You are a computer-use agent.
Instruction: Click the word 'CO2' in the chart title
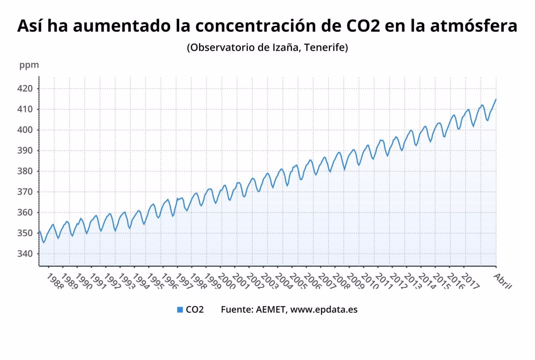362,26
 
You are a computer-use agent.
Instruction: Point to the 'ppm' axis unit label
29,65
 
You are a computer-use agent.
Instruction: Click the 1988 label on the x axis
55,282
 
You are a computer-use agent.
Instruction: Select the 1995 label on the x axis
155,282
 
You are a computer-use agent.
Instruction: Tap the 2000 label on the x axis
226,282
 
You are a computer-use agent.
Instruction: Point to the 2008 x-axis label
341,282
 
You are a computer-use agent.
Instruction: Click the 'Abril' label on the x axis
503,281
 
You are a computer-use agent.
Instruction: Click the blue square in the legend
180,310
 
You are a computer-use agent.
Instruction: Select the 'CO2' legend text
195,310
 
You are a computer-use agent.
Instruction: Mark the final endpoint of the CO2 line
496,99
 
